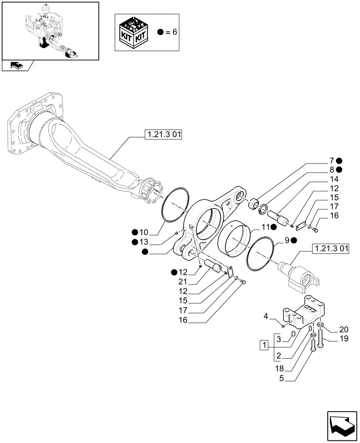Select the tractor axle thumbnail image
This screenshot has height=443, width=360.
pyautogui.click(x=50, y=31)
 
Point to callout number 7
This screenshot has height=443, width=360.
pyautogui.click(x=332, y=161)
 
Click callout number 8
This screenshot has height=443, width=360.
pyautogui.click(x=332, y=170)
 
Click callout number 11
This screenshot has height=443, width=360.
pyautogui.click(x=265, y=227)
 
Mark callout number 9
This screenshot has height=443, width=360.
pyautogui.click(x=287, y=240)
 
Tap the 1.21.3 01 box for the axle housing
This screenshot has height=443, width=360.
pyautogui.click(x=163, y=133)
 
